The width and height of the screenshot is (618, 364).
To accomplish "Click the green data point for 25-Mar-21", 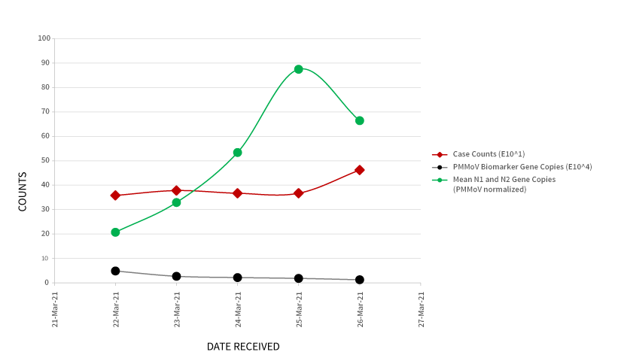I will tap(299, 69).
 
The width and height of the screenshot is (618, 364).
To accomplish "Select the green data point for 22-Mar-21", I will tap(115, 232).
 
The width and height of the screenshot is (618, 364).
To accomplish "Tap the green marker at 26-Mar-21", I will tap(360, 120).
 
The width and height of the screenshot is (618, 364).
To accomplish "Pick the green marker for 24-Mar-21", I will tap(238, 153).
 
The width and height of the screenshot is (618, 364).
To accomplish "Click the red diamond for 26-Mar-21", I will tap(360, 170).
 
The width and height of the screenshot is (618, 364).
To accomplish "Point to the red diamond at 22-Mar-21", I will tap(115, 196).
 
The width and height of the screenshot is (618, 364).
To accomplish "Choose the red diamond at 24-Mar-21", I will tap(238, 193).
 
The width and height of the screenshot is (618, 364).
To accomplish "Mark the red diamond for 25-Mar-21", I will tap(299, 193).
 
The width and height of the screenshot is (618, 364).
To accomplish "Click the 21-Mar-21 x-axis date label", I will tap(55, 310).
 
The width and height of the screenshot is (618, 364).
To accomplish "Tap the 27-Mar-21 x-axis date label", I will tap(422, 310).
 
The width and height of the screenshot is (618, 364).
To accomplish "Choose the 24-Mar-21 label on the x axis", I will tap(239, 310).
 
